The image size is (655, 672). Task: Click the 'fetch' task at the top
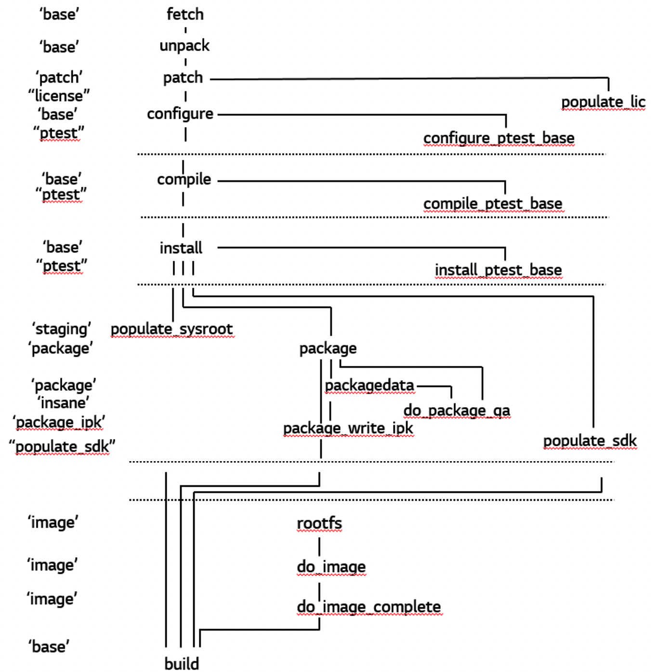coord(185,14)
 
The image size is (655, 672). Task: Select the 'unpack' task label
coord(184,46)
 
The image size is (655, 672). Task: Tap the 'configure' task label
coord(180,114)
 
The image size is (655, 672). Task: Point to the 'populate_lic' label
coord(603,102)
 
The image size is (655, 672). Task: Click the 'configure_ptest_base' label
coord(498,138)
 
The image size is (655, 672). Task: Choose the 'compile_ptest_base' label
coord(493,204)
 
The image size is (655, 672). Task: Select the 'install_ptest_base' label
coord(498,270)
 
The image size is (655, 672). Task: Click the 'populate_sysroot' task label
coord(172,329)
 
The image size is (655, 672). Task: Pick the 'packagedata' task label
coord(369,386)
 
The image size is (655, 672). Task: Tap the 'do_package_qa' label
coord(457,411)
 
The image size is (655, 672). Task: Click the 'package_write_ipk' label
coord(348,428)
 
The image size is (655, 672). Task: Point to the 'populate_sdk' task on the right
coord(589,441)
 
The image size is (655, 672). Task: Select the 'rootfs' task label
coord(319,523)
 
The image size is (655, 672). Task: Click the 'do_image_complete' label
coord(369,607)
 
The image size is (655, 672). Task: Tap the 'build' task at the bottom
coord(182,664)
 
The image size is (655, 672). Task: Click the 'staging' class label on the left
coord(62,329)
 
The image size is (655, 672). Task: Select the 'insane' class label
coord(63,403)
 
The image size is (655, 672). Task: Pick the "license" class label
coord(59,96)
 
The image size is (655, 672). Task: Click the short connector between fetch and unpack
coord(185,30)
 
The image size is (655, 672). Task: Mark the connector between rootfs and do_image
coord(319,546)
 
